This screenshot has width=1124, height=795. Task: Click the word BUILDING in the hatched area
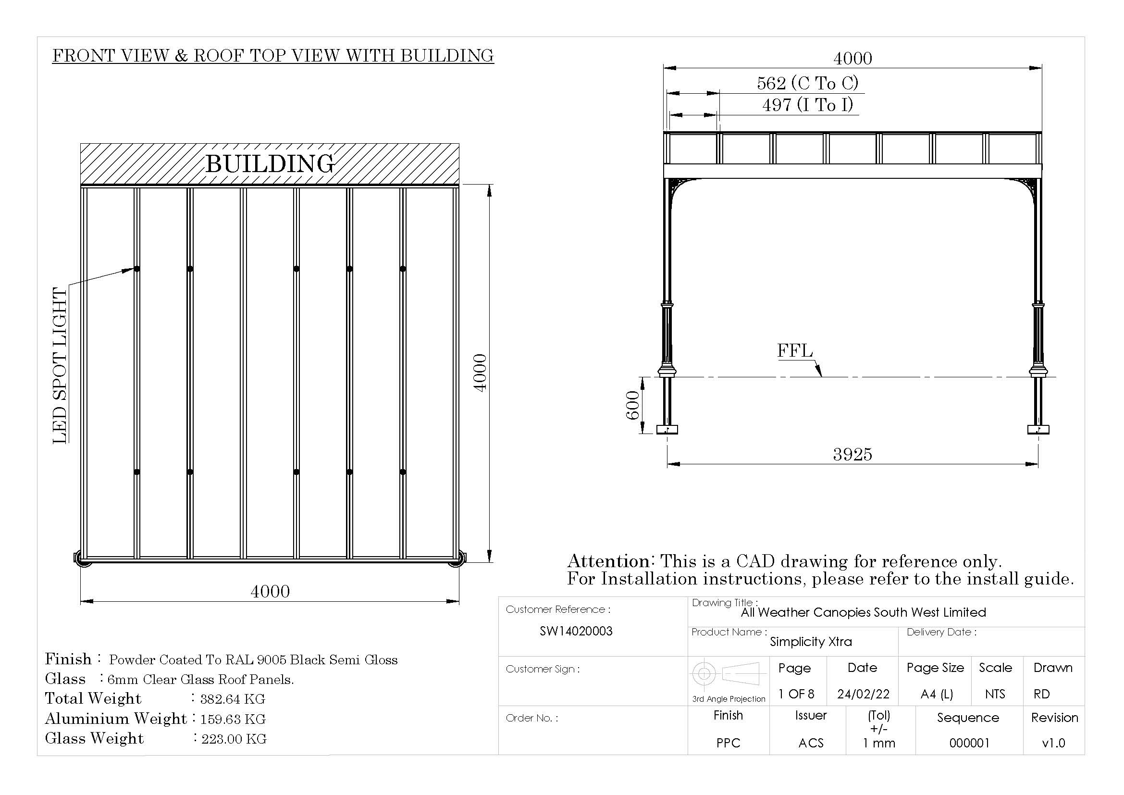click(x=270, y=163)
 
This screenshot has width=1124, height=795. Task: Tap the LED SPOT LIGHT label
click(x=60, y=366)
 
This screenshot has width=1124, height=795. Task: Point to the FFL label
click(x=794, y=351)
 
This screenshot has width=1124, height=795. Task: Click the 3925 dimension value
click(x=852, y=455)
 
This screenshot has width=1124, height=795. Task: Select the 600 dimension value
click(x=632, y=405)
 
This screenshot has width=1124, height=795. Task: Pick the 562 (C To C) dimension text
click(x=807, y=83)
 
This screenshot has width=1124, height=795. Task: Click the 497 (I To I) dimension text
click(x=807, y=105)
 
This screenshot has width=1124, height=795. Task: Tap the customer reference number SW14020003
click(x=576, y=632)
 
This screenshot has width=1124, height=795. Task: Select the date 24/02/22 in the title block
click(x=863, y=694)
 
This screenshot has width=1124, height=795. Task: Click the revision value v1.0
click(x=1053, y=743)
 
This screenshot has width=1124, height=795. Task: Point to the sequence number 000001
click(x=969, y=743)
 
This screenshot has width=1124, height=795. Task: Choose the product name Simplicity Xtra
click(x=811, y=642)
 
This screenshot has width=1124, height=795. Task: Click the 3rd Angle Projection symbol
click(x=728, y=674)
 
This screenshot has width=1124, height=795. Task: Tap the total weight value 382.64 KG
click(x=233, y=699)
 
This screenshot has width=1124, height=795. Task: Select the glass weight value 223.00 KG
click(x=234, y=739)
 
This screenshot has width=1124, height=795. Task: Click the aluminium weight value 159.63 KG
click(x=233, y=719)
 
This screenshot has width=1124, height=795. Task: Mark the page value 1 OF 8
click(x=796, y=694)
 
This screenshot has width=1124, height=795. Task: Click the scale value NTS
click(x=995, y=694)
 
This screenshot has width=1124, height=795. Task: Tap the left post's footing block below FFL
click(x=667, y=430)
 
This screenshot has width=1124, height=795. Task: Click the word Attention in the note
click(x=608, y=561)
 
